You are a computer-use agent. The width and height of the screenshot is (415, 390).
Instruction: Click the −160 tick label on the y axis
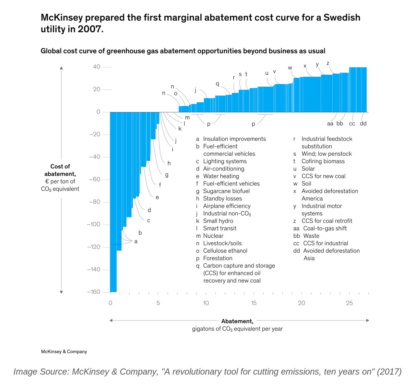coord(94,292)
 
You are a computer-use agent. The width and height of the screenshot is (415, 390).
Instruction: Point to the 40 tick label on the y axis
coord(97,67)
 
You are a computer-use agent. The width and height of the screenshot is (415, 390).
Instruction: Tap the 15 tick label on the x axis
coord(254,303)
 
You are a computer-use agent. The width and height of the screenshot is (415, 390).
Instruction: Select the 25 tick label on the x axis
coord(349,303)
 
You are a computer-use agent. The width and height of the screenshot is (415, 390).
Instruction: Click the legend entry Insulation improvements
coord(234,139)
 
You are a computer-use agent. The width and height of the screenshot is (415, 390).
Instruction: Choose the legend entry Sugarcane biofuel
coord(226,191)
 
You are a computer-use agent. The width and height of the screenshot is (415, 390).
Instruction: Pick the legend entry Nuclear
coord(213,236)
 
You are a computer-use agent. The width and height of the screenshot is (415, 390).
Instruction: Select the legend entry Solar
coord(308,169)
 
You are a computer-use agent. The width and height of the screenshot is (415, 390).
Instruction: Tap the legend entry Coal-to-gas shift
coord(325,228)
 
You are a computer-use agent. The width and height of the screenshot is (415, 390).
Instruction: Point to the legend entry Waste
coord(311,236)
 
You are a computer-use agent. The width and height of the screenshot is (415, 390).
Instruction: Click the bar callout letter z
coord(328,63)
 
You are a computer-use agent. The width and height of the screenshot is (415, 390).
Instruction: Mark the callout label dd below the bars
coord(363,123)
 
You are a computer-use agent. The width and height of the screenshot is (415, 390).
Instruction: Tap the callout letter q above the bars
coord(217,84)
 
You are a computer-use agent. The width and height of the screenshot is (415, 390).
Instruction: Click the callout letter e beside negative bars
coord(157,197)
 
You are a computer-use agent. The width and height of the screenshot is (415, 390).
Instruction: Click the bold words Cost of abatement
coord(60,170)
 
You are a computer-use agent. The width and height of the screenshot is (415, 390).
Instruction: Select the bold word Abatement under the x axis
coord(237,321)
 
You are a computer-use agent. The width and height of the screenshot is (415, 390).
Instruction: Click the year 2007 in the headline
coord(90,29)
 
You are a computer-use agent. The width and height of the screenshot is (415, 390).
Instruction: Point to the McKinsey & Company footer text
coord(64,351)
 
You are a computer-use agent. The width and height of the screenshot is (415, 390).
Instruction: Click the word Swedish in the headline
coord(342,18)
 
